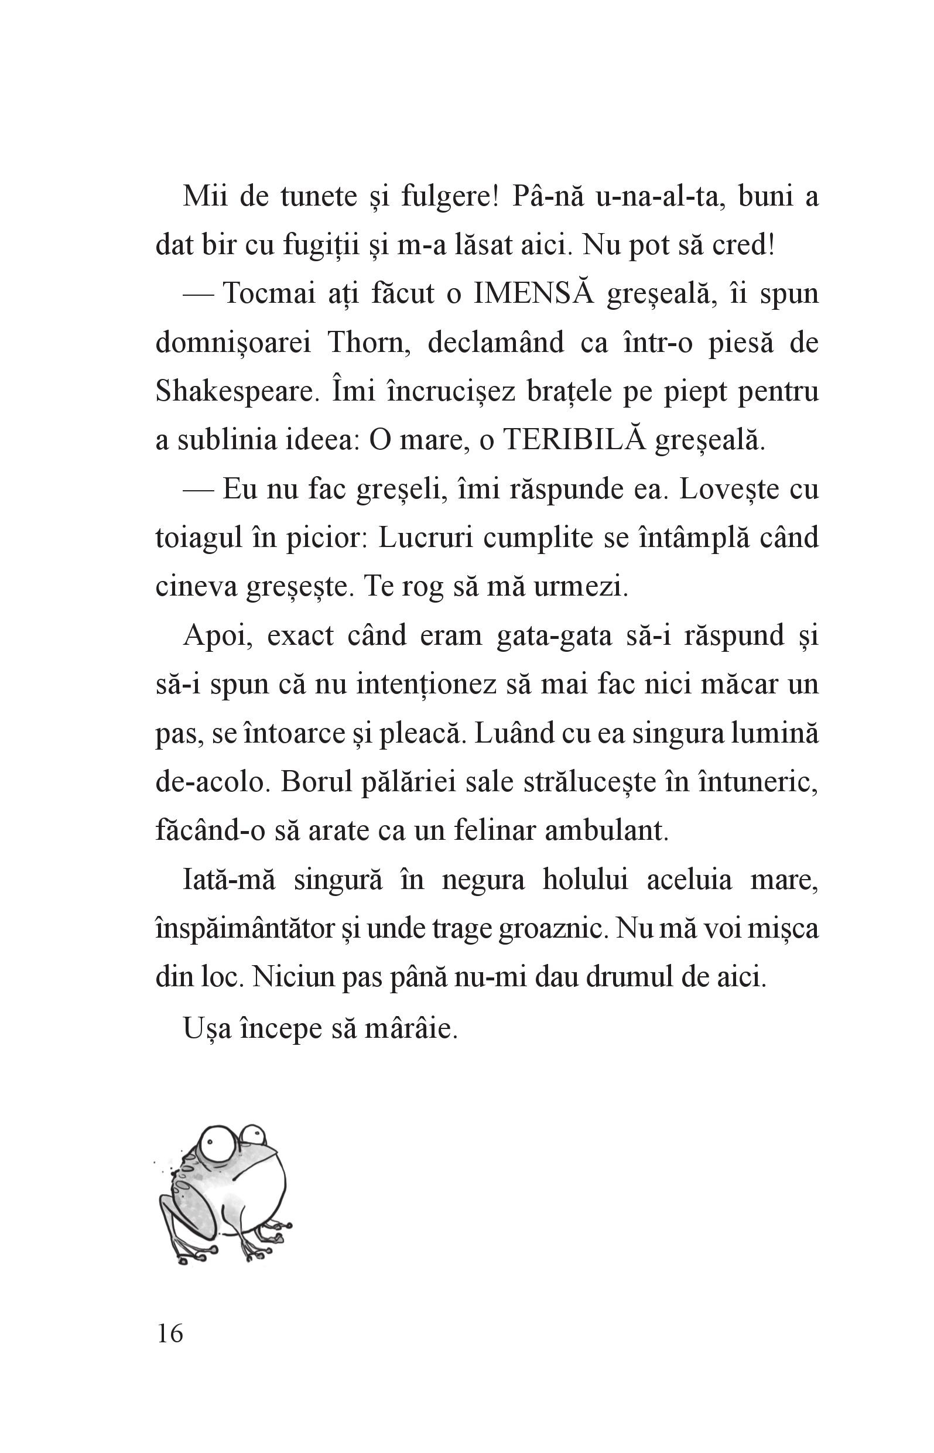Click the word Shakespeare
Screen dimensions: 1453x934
point(237,392)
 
